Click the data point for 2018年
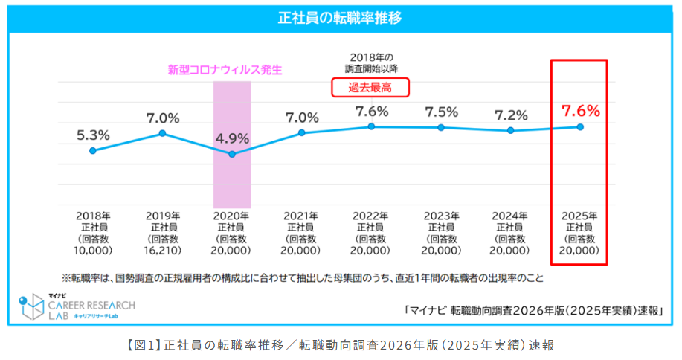click(x=93, y=150)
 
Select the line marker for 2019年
click(x=162, y=133)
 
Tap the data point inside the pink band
click(x=232, y=154)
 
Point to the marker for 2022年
click(x=371, y=126)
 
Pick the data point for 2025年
click(x=580, y=127)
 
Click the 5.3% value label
click(x=93, y=135)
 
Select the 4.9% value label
click(x=232, y=138)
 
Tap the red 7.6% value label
click(x=580, y=111)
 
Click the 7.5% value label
click(x=441, y=112)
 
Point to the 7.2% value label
click(x=510, y=115)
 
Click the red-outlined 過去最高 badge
click(x=370, y=88)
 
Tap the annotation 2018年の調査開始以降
click(x=371, y=63)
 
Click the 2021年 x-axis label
click(x=301, y=215)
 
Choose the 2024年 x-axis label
click(x=510, y=215)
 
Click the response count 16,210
click(x=162, y=251)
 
